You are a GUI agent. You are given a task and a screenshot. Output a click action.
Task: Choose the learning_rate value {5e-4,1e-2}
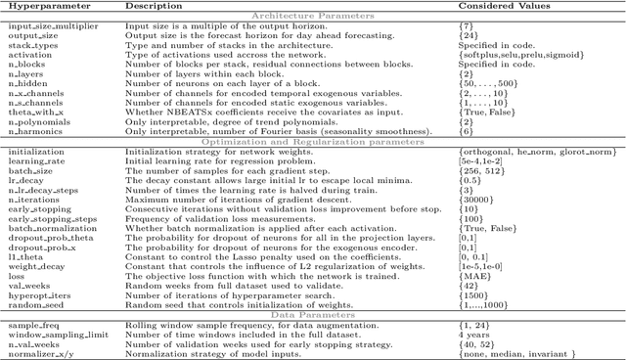(485, 164)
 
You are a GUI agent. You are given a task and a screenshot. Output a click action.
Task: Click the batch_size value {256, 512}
(482, 175)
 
